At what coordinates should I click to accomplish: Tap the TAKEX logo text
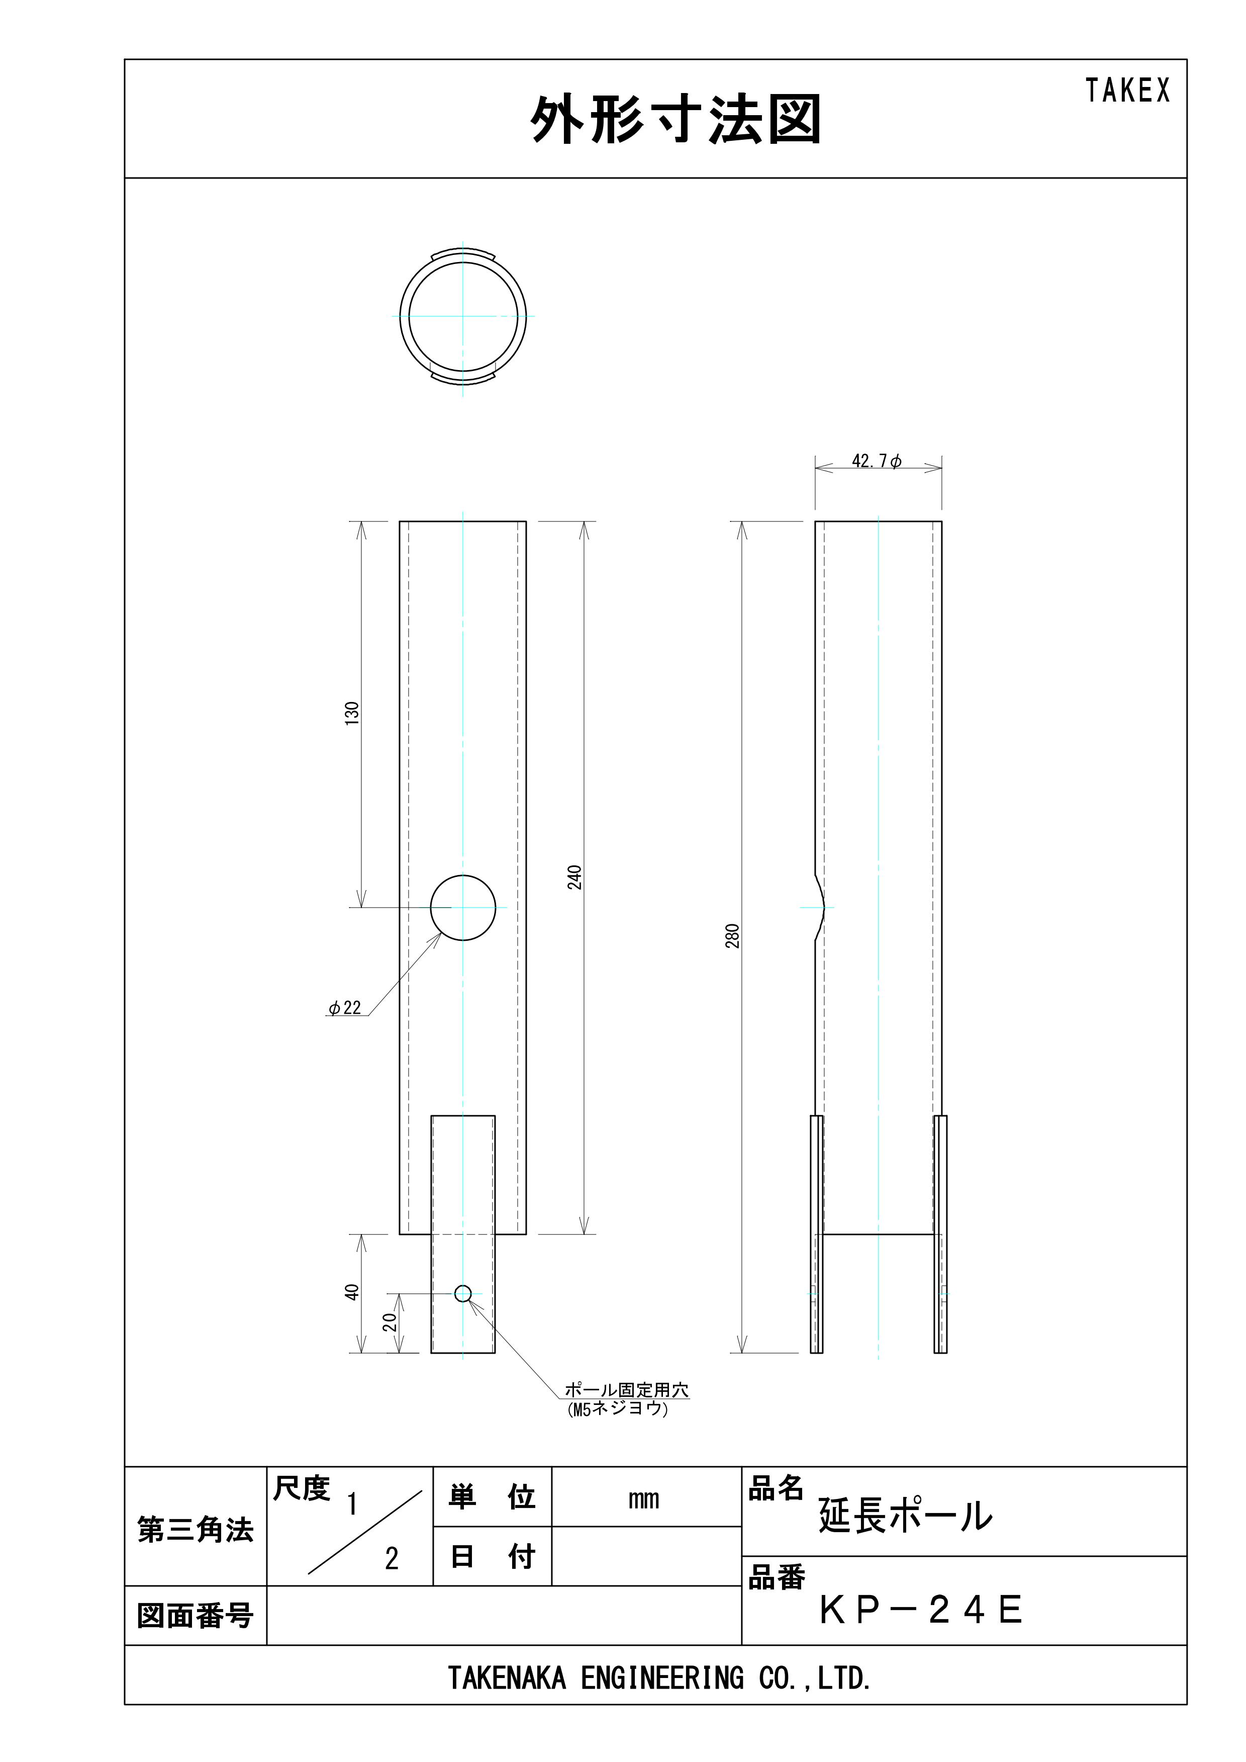(1127, 91)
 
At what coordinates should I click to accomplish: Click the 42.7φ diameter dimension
(876, 461)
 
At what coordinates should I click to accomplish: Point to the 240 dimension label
(574, 877)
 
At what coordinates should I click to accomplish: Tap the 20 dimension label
(390, 1321)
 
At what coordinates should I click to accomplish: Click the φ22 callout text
(344, 1008)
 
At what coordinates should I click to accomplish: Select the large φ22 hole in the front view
(462, 907)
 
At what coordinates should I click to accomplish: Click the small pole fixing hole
(462, 1293)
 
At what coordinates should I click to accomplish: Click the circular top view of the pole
(462, 316)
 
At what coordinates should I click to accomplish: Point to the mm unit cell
(644, 1499)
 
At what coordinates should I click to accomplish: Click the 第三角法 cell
(195, 1530)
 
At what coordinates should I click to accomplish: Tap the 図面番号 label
(195, 1616)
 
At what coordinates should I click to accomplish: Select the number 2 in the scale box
(392, 1559)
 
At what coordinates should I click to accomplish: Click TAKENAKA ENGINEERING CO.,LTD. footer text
(659, 1679)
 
